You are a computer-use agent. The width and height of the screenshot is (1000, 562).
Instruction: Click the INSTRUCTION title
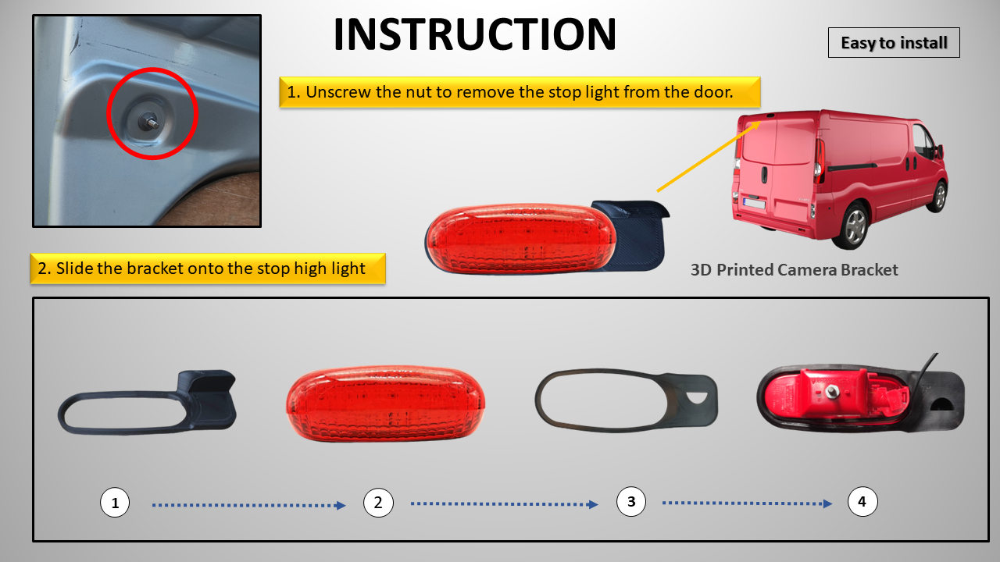pyautogui.click(x=474, y=34)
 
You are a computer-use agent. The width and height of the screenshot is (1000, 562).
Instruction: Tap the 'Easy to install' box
pyautogui.click(x=894, y=43)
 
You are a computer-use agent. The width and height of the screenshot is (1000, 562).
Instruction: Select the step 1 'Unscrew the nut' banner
pyautogui.click(x=520, y=92)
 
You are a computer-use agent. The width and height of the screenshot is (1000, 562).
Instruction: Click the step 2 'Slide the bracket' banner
pyautogui.click(x=208, y=269)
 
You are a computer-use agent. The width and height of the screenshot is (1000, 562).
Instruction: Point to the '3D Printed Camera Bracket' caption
pyautogui.click(x=795, y=270)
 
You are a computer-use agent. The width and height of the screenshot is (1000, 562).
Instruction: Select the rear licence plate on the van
pyautogui.click(x=754, y=204)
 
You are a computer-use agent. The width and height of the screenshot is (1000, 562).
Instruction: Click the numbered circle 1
pyautogui.click(x=115, y=503)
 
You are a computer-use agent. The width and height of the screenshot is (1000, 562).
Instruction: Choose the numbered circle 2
pyautogui.click(x=378, y=503)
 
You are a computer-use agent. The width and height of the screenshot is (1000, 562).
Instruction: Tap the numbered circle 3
pyautogui.click(x=630, y=502)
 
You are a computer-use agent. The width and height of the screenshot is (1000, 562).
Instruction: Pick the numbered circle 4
pyautogui.click(x=862, y=502)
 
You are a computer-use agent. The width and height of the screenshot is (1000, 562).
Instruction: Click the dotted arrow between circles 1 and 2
pyautogui.click(x=249, y=505)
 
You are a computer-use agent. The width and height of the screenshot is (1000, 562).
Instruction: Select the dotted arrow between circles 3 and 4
pyautogui.click(x=748, y=503)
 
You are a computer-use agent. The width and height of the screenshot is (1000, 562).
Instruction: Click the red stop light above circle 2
pyautogui.click(x=386, y=404)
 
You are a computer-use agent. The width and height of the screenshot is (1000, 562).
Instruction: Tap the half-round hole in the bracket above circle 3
pyautogui.click(x=698, y=398)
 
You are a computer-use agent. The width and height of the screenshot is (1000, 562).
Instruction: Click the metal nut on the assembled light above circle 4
pyautogui.click(x=831, y=392)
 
